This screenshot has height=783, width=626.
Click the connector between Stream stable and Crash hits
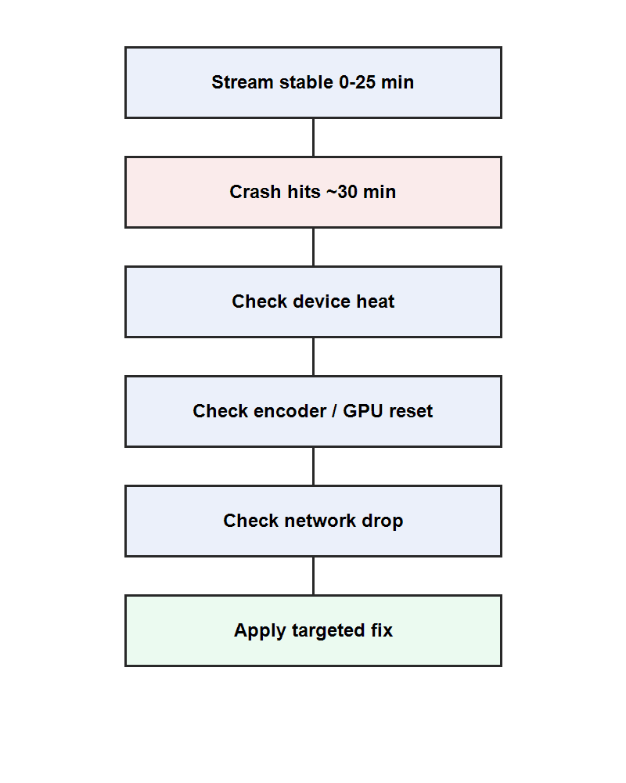(x=313, y=137)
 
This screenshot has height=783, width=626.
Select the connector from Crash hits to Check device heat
(x=313, y=247)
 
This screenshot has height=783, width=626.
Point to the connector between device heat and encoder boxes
(x=313, y=356)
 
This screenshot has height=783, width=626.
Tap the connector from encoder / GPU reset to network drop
(x=313, y=466)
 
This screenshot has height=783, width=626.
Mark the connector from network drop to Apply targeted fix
(x=313, y=576)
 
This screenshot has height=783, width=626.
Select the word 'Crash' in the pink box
(x=254, y=192)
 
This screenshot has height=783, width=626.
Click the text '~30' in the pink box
(x=340, y=192)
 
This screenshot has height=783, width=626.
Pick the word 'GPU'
(x=364, y=411)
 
